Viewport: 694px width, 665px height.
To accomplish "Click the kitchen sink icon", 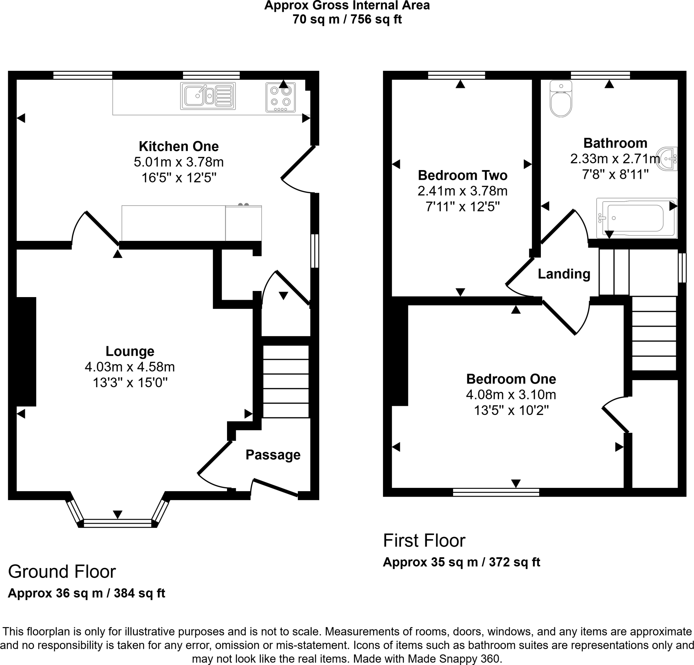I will coord(208,96).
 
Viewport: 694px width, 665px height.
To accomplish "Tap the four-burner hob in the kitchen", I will coord(281,97).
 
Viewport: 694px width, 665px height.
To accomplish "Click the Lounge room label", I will coord(130,351).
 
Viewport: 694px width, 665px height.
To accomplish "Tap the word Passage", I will coord(273,455).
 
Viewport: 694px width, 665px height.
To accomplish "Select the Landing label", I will coord(564,274).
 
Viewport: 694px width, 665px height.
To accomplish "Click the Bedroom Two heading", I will coord(463,175).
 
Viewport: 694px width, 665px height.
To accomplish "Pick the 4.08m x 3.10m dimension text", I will coord(511,395).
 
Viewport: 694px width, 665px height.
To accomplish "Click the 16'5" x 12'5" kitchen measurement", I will coord(179,178).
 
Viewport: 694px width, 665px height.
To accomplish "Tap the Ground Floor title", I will coord(62,572).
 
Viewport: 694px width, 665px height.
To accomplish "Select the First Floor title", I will coord(424,540).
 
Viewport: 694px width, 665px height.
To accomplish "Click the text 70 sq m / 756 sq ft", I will coord(347,19).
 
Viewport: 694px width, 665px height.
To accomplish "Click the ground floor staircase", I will coord(286,381).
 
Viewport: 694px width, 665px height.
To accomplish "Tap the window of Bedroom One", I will coord(496,492).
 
